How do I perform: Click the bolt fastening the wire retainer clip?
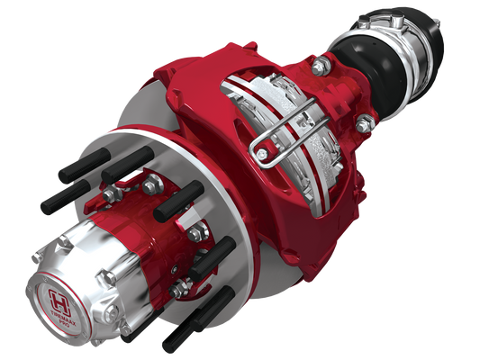(x=262, y=155)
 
